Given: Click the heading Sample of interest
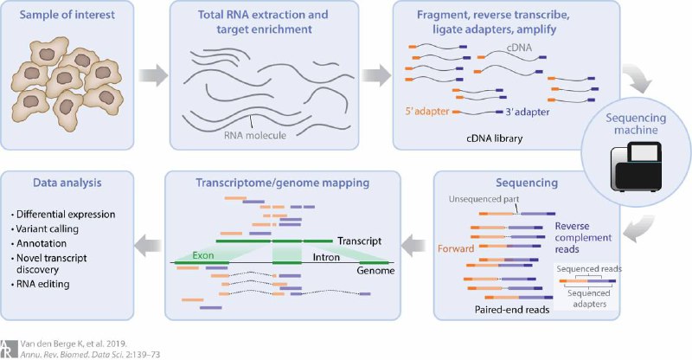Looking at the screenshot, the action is click(67, 15).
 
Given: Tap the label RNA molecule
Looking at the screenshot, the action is click(255, 135).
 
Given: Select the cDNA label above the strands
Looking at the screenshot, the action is click(519, 48).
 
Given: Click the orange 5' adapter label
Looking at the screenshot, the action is click(427, 112).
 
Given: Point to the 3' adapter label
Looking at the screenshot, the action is click(528, 112).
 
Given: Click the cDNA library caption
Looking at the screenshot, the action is click(494, 138).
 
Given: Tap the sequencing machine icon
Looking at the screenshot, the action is click(636, 166).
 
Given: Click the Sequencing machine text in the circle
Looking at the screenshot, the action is click(636, 124).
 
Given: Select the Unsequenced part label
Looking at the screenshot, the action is click(484, 199).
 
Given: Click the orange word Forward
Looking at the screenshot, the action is click(456, 248).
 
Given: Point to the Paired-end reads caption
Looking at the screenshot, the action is click(512, 310).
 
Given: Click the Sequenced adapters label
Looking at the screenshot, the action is click(589, 299).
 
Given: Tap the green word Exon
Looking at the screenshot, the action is click(203, 255).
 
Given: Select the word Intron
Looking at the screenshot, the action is click(326, 257).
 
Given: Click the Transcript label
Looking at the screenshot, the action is click(359, 241).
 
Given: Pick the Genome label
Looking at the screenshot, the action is click(375, 270).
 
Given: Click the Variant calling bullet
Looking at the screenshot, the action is click(45, 228).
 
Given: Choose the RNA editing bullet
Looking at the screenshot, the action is click(40, 284).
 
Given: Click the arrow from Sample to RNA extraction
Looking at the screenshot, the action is click(153, 75).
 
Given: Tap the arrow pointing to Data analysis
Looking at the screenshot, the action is click(148, 246).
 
